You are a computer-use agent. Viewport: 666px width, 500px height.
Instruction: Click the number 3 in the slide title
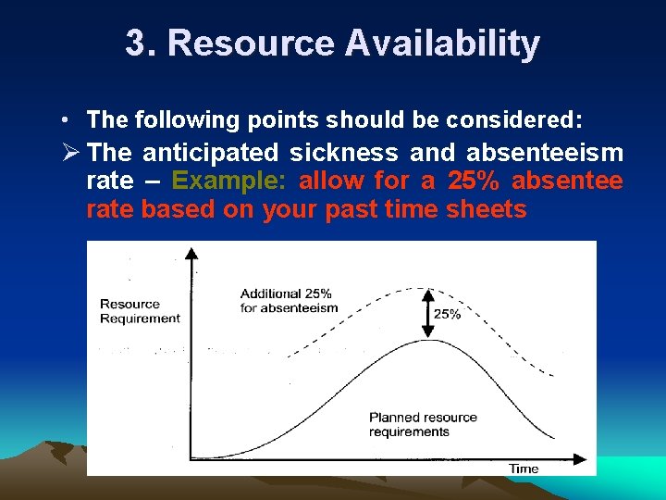click(136, 44)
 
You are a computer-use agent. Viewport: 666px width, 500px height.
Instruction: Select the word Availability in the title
click(443, 44)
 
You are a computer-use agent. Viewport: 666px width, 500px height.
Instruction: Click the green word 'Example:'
click(231, 181)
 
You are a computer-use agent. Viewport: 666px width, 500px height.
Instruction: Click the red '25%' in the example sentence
click(474, 181)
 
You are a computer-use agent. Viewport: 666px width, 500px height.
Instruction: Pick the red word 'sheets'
click(486, 210)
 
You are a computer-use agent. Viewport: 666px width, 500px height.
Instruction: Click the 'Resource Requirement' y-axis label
click(139, 311)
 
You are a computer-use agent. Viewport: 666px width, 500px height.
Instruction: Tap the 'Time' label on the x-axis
click(524, 469)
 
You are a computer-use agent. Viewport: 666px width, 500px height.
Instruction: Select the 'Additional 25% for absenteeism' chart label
click(289, 301)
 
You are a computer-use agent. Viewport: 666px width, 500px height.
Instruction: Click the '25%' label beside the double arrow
click(447, 314)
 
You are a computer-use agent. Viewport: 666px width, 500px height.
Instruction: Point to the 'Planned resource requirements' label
click(422, 425)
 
